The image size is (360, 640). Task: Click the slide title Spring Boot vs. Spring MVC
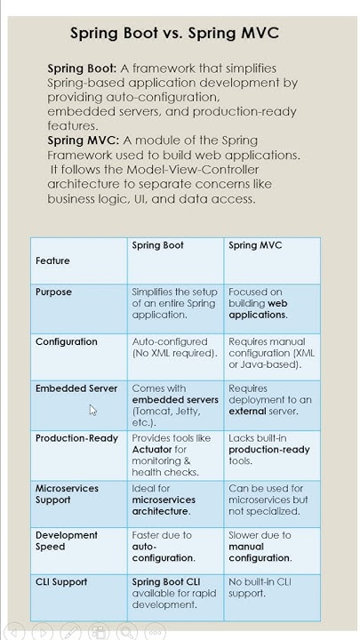[174, 34]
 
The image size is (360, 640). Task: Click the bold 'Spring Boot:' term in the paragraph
[82, 68]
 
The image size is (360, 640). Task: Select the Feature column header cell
[52, 261]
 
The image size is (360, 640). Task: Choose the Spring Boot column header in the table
[157, 245]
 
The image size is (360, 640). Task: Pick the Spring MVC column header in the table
[255, 245]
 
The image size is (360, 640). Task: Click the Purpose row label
[53, 292]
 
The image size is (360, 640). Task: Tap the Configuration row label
[67, 342]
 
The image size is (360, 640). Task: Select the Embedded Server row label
[76, 388]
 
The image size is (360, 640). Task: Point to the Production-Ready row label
[76, 438]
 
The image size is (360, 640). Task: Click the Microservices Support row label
[67, 494]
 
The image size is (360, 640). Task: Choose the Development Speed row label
[67, 541]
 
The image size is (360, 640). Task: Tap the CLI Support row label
[61, 582]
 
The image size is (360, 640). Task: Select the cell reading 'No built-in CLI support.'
[260, 588]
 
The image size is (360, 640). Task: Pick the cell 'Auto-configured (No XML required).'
[174, 348]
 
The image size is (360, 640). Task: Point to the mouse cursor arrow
[92, 410]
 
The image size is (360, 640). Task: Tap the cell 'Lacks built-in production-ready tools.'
[268, 450]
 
